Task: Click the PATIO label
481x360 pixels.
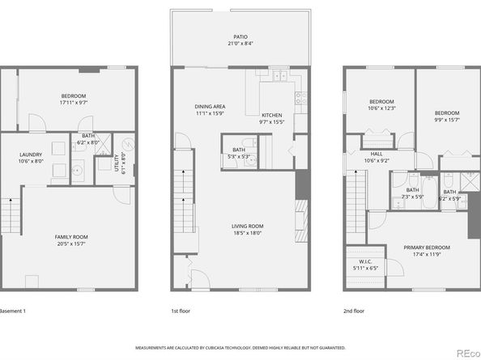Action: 240,36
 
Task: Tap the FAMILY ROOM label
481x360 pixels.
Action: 71,237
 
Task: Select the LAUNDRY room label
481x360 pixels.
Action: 31,154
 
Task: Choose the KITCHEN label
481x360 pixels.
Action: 272,116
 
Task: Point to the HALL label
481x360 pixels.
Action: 377,153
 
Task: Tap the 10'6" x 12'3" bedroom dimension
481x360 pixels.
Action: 382,108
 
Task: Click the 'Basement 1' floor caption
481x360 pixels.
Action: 12,311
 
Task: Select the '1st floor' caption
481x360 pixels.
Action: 180,311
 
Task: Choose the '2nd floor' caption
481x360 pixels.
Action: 353,311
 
